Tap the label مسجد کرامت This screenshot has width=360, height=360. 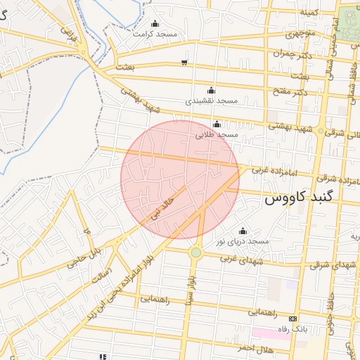click(x=156, y=34)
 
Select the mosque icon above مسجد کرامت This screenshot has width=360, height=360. click(x=155, y=24)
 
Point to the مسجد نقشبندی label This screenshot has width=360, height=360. click(x=211, y=101)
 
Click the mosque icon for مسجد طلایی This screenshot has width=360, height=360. click(x=217, y=124)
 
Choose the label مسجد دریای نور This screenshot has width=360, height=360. click(x=243, y=241)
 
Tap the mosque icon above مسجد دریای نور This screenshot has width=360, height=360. click(x=243, y=231)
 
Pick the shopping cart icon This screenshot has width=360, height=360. click(x=184, y=62)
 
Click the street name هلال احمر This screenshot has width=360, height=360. click(x=255, y=349)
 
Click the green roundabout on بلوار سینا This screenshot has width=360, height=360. click(x=196, y=252)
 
